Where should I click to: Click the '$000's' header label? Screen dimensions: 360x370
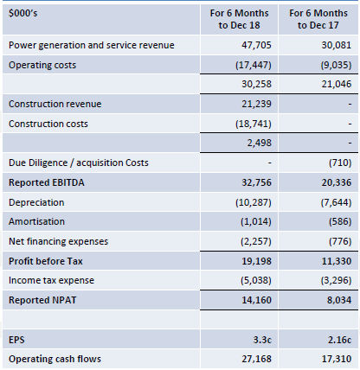click(x=22, y=13)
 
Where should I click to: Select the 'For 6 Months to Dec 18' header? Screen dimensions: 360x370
click(x=239, y=19)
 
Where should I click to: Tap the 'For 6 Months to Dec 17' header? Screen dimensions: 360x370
click(x=318, y=19)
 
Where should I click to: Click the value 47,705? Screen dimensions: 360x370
click(x=256, y=45)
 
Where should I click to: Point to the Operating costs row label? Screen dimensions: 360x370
click(x=42, y=66)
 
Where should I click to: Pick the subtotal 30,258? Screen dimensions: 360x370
click(x=256, y=84)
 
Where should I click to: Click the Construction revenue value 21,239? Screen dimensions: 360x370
click(x=256, y=104)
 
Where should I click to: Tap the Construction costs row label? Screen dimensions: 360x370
click(x=48, y=124)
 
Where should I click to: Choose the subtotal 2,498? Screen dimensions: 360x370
click(x=259, y=143)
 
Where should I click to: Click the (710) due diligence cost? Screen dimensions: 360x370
click(x=340, y=163)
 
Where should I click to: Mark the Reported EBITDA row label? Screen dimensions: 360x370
click(x=47, y=182)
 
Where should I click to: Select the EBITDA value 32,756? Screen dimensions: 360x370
click(x=256, y=182)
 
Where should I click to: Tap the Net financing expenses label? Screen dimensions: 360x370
click(x=58, y=241)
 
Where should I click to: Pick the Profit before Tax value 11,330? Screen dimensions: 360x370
click(x=337, y=261)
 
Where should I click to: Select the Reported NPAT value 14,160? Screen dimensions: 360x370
click(x=256, y=300)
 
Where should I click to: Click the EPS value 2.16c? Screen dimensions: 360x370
click(x=339, y=340)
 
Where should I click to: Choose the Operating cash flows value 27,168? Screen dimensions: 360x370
click(x=256, y=359)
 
